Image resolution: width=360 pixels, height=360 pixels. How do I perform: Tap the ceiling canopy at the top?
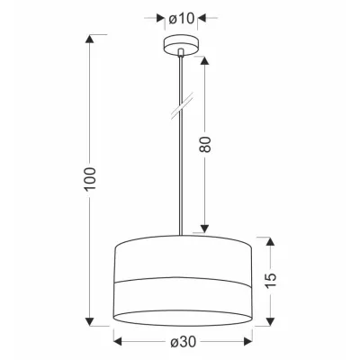pyautogui.click(x=180, y=47)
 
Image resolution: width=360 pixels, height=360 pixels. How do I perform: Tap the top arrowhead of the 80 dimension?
pyautogui.click(x=206, y=58)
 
